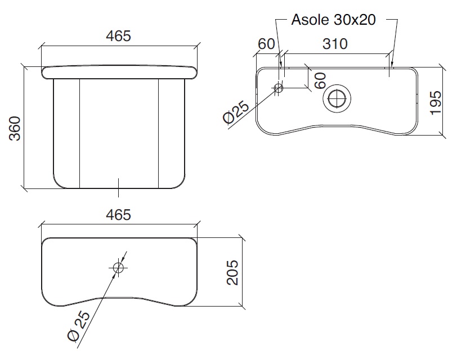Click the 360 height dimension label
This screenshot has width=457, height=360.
point(15,128)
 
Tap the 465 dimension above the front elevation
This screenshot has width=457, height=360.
point(118,36)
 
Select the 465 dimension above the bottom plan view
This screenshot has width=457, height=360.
point(118,215)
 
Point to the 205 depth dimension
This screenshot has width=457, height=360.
point(232,272)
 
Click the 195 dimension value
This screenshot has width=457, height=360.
point(436,103)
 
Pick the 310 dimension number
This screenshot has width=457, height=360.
point(335,44)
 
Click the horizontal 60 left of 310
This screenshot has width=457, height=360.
point(266,44)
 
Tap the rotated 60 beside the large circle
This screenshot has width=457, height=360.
point(320,80)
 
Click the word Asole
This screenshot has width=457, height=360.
point(311,20)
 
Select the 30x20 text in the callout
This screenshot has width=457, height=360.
point(355,20)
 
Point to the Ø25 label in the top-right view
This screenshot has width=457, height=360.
point(236,112)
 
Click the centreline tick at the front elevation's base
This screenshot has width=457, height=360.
point(118,188)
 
